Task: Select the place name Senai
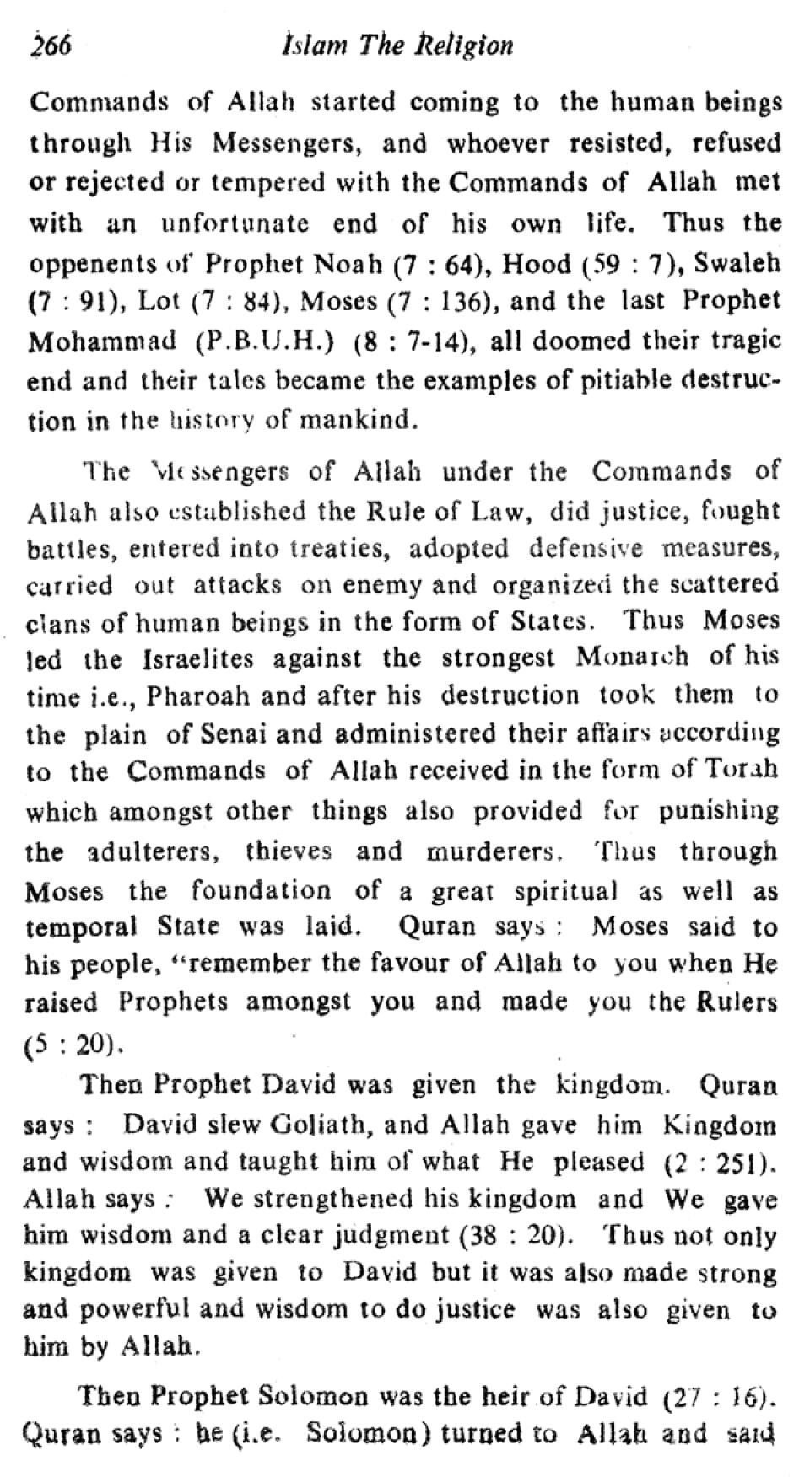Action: click(x=234, y=734)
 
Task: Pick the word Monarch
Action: click(x=631, y=657)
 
